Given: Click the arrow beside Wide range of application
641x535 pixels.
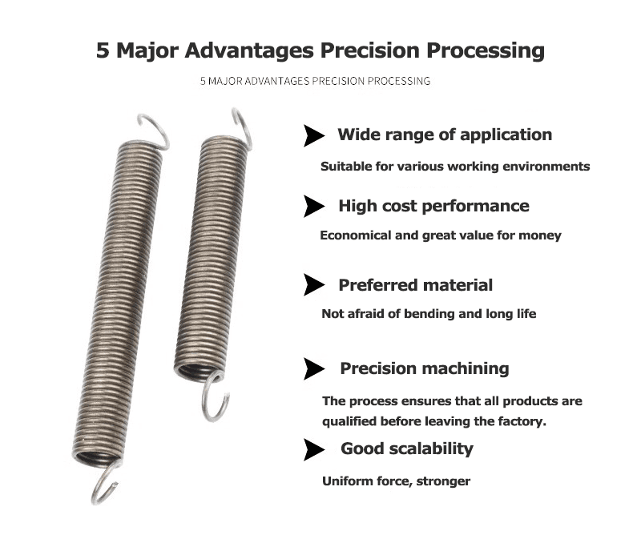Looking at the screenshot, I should pos(313,136).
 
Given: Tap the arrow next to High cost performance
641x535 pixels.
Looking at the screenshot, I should pos(313,207).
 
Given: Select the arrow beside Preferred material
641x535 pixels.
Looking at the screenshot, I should pos(313,284).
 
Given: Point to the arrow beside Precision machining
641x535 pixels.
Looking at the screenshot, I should pos(313,369).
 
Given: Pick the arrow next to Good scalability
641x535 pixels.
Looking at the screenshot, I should pos(313,449).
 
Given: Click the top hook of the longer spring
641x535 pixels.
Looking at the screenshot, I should pos(152,130).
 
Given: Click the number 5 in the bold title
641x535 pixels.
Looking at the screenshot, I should pos(103,50).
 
